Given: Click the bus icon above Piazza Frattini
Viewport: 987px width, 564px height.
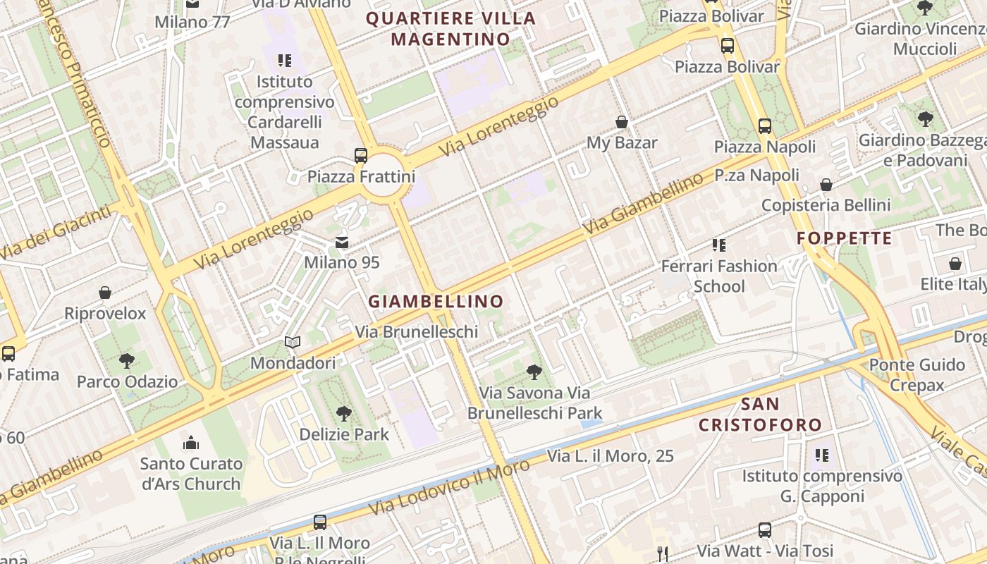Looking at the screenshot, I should coord(361,155).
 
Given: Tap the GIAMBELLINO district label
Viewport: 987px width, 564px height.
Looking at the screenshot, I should coord(436,302).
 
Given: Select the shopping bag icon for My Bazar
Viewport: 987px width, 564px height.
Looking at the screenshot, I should coord(622,122).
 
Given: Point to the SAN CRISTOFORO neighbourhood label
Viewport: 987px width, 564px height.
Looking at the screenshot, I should coord(760,415).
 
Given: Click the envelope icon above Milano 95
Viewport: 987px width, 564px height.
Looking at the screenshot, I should coord(342,243).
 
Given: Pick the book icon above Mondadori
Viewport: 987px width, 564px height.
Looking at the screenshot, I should coord(293,343).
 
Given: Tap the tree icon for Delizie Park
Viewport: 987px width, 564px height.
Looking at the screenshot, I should coord(344,414).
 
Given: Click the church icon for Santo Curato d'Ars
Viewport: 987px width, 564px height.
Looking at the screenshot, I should coord(191,443).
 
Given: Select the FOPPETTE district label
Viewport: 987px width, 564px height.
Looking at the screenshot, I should coord(845,238).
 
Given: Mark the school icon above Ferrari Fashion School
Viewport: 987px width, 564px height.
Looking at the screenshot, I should coord(719,245).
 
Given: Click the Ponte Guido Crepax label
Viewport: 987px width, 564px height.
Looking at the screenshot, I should coord(916,375).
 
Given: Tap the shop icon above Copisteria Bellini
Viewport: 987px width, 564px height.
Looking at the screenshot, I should coord(826,185).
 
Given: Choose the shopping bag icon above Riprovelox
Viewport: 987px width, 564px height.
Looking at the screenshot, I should coord(105,293).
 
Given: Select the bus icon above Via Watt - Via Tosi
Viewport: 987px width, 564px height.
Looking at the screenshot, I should coord(765,530).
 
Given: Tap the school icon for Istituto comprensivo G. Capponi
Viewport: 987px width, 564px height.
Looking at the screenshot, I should coord(822,455).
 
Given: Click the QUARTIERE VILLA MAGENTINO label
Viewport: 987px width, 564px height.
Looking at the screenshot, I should coord(451,28).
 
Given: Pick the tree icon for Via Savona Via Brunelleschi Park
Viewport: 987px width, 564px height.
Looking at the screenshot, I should coord(534,372).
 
